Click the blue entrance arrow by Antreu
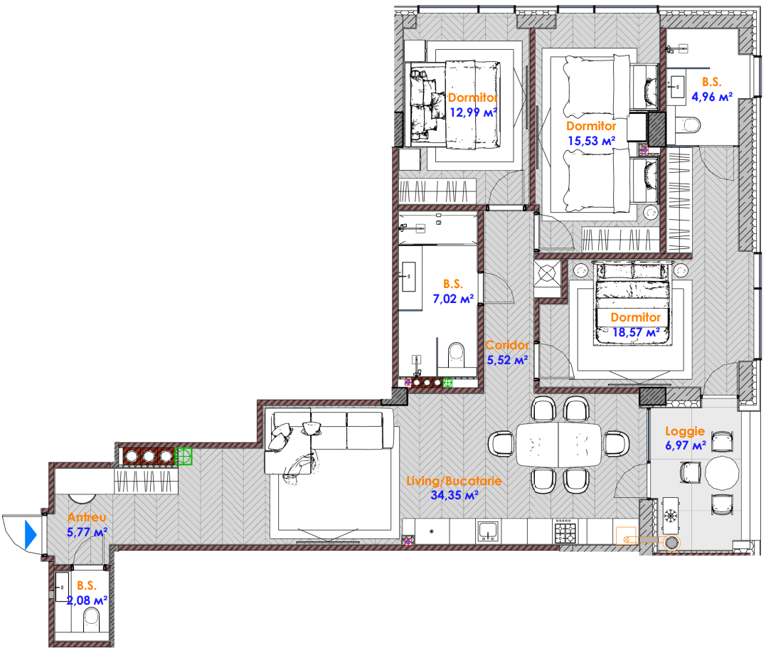(x=31, y=535)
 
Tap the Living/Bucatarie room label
(x=454, y=481)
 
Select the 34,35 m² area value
(x=454, y=495)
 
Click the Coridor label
(x=507, y=345)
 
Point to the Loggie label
(x=685, y=431)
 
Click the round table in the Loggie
(x=721, y=472)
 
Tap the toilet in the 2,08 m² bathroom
(x=91, y=619)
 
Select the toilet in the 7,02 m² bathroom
(x=457, y=355)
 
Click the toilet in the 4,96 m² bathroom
(x=688, y=124)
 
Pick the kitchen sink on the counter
(x=488, y=531)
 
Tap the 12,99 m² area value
(x=473, y=112)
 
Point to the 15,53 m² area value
(x=591, y=141)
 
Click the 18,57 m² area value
(x=636, y=333)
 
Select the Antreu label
(x=87, y=517)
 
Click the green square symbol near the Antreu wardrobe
(x=183, y=456)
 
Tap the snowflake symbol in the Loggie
(x=670, y=515)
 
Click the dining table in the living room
(x=559, y=444)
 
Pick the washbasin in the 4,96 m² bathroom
(x=677, y=87)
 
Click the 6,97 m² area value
(x=686, y=445)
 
